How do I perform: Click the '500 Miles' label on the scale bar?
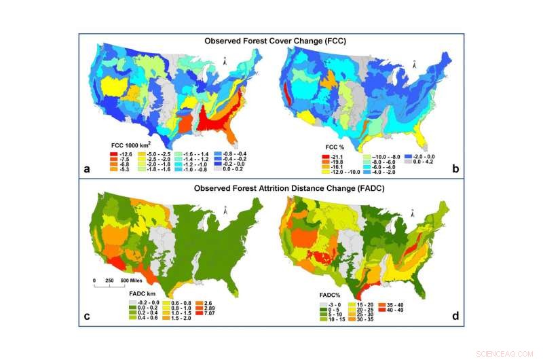coord(131,280)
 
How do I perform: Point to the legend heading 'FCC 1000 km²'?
coord(133,145)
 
